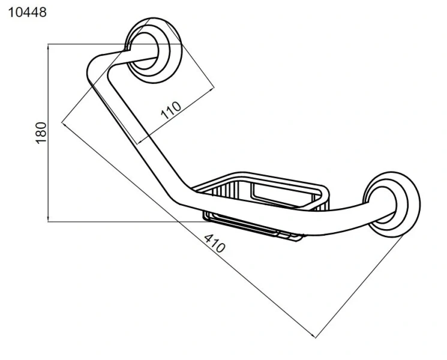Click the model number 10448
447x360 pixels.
[x=28, y=13]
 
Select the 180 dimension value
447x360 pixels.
[x=41, y=133]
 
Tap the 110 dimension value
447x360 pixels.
[x=171, y=110]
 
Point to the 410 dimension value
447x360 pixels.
[x=214, y=243]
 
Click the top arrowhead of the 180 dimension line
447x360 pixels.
[x=48, y=47]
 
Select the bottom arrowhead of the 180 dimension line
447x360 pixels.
[x=48, y=218]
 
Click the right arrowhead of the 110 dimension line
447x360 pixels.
[x=211, y=90]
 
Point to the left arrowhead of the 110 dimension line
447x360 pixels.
[x=141, y=141]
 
